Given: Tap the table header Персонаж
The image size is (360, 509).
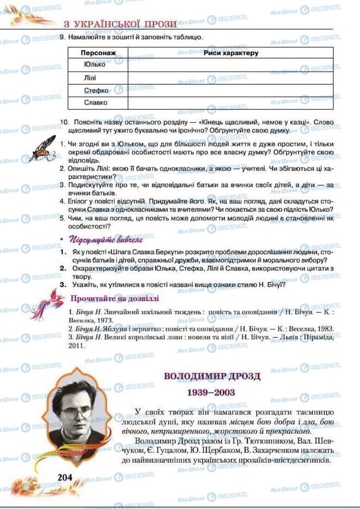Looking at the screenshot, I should click(x=98, y=52).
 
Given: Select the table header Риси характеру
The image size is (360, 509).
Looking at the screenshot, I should click(x=231, y=52).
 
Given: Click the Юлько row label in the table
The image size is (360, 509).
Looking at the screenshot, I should click(x=95, y=65).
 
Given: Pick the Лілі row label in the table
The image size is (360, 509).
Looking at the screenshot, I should click(x=90, y=78).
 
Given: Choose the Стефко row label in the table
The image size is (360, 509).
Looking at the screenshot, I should click(x=96, y=90).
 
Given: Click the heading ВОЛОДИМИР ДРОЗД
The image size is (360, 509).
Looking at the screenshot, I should click(x=212, y=376).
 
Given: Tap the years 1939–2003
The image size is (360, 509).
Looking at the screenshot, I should click(x=211, y=393).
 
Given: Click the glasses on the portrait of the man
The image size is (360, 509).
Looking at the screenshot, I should click(x=76, y=412).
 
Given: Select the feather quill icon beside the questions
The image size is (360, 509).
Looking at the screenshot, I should click(x=42, y=148).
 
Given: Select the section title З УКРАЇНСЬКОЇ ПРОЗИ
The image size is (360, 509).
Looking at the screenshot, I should click(x=120, y=23).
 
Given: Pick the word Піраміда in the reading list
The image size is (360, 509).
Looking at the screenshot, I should click(x=318, y=338).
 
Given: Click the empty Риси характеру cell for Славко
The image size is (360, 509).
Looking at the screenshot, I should click(x=230, y=103).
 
